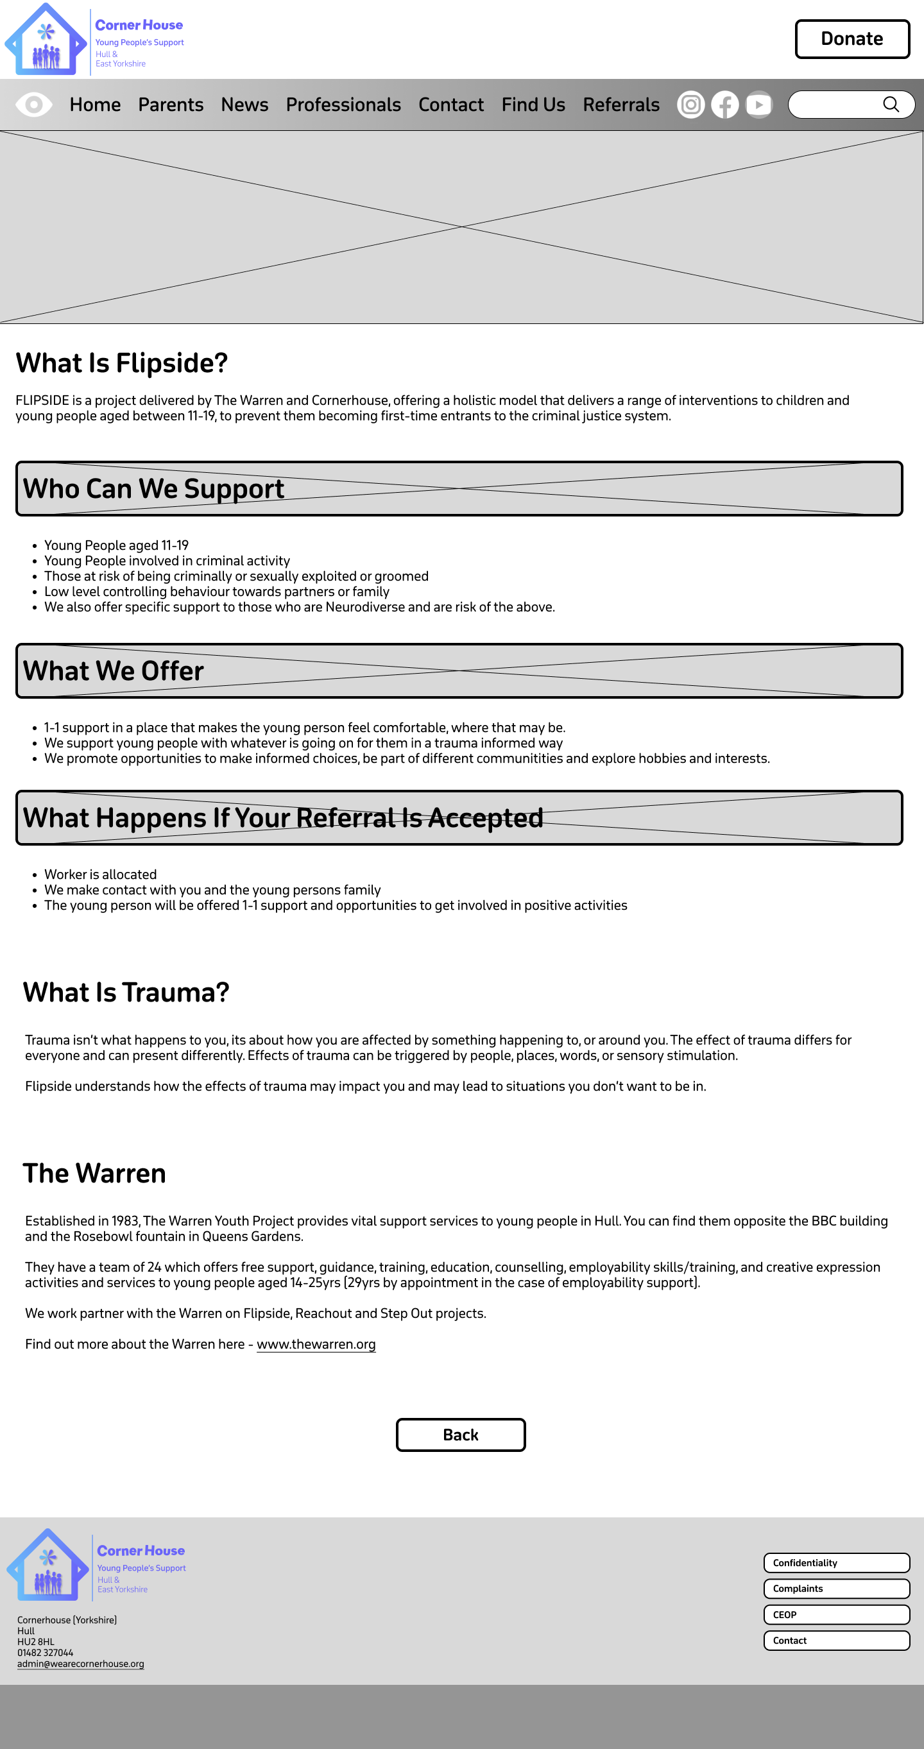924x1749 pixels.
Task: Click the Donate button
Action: click(x=851, y=38)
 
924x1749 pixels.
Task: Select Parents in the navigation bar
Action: click(x=171, y=105)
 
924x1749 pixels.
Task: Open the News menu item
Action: click(x=244, y=105)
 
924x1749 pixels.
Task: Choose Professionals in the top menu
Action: click(x=343, y=105)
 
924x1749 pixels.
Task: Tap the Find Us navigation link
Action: click(x=533, y=105)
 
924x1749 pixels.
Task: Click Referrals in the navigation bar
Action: click(x=620, y=105)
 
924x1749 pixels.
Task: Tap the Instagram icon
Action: click(x=690, y=105)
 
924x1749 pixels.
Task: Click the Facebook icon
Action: click(x=724, y=105)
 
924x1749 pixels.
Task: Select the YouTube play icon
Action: click(x=759, y=105)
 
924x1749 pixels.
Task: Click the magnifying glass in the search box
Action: click(x=891, y=105)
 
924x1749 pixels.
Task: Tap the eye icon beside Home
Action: click(x=33, y=105)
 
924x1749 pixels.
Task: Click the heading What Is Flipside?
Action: click(x=121, y=363)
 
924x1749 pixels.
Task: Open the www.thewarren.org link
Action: click(x=316, y=1344)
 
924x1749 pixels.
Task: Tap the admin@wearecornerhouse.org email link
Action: click(x=80, y=1664)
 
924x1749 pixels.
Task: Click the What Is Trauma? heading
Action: click(x=126, y=992)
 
